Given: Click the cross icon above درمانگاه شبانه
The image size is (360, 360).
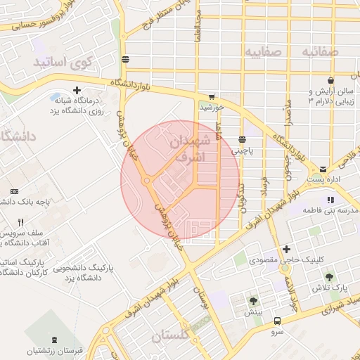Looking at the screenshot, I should pyautogui.click(x=77, y=91).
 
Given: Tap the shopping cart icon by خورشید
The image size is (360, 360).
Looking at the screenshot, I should pyautogui.click(x=212, y=97).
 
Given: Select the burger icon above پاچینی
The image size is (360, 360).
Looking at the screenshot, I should pyautogui.click(x=242, y=139).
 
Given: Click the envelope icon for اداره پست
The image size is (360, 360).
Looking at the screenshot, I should pyautogui.click(x=323, y=169).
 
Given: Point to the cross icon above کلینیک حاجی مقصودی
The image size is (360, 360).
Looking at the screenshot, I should pyautogui.click(x=285, y=249).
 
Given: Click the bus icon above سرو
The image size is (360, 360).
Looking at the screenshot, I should pyautogui.click(x=277, y=321).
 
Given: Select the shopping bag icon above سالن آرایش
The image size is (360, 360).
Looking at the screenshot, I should pyautogui.click(x=311, y=92).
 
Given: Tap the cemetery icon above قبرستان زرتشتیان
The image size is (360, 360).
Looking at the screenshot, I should pyautogui.click(x=49, y=338).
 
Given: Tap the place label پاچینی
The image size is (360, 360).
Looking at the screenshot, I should pyautogui.click(x=251, y=150).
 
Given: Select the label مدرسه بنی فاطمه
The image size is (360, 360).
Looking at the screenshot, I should pyautogui.click(x=329, y=210).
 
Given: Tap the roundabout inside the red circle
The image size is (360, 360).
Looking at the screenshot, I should pyautogui.click(x=147, y=181).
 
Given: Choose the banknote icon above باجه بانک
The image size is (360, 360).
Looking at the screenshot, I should pyautogui.click(x=15, y=191).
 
